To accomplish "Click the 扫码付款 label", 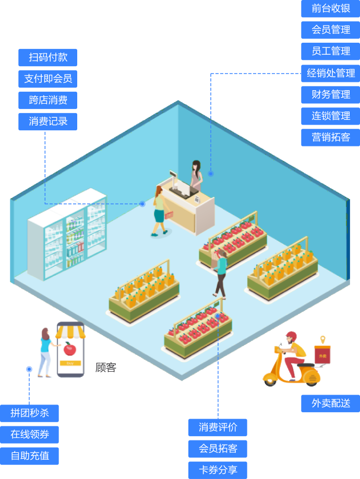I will pos(47,57).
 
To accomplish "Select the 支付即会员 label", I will pos(47,79).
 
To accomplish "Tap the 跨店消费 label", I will pos(47,100).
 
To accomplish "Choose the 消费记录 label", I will pos(47,121).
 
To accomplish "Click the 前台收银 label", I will pos(331,8).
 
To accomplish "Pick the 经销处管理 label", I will pos(331,73).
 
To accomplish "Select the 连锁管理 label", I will pos(331,116).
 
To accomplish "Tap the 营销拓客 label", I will pos(331,137).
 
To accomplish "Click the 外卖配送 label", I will pos(331,403).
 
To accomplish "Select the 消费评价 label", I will pos(218,427).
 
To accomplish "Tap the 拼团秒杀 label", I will pos(29,413).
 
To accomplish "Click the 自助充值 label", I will pos(29,456).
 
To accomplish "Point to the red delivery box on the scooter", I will pos(322,355).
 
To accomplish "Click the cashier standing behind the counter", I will pos(196,175).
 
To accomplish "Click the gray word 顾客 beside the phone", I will pos(105,367).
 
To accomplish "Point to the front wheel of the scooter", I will pos(270,379).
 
